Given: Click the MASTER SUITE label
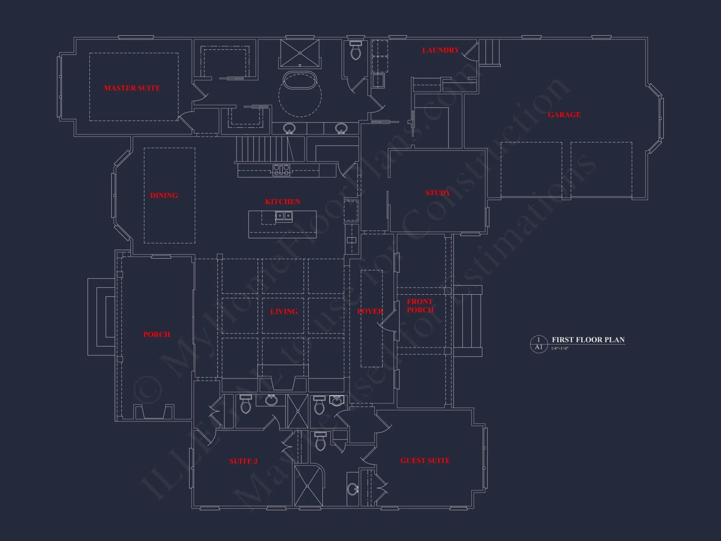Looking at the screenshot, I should (132, 88).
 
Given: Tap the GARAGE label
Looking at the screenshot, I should (564, 115).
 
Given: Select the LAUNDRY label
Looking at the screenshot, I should (441, 50).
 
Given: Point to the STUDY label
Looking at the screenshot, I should (438, 193).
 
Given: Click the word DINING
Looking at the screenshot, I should (164, 195).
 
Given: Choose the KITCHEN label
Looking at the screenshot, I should (283, 202).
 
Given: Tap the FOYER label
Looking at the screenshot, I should (370, 311).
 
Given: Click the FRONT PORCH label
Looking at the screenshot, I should (420, 306).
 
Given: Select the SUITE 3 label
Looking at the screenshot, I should (243, 461).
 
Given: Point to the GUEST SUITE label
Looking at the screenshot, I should (425, 461).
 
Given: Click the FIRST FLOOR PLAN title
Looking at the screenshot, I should (588, 340).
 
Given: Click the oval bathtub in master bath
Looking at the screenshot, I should (300, 80).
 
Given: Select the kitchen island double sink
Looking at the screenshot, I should (284, 216).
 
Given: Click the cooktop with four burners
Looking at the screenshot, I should (281, 170).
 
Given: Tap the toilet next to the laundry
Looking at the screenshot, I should (356, 51).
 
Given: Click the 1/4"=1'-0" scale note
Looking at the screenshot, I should (559, 348).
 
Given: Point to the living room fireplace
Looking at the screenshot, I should (283, 383).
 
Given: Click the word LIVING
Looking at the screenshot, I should (284, 312).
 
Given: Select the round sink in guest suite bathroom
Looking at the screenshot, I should (353, 489).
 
